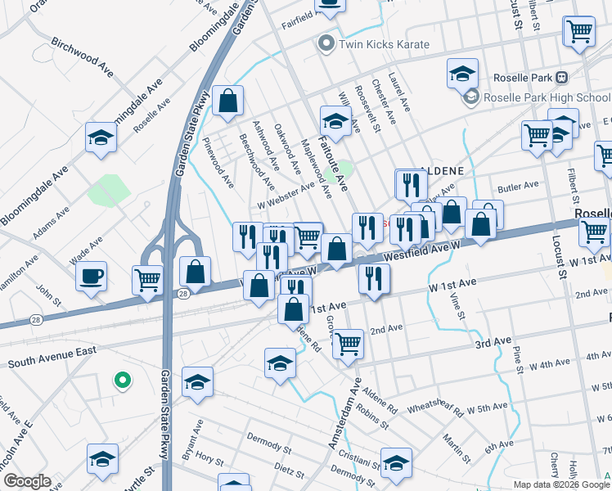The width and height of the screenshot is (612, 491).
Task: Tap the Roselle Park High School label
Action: point(547,98)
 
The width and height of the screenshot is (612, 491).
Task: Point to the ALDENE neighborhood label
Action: point(442,171)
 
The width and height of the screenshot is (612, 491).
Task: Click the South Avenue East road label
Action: point(52,357)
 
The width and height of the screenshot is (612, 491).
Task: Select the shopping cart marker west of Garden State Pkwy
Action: point(148,280)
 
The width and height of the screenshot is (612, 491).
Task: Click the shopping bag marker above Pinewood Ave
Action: point(228,102)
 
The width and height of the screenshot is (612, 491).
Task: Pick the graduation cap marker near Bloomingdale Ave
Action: point(101,137)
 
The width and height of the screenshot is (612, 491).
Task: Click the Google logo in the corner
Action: point(27,481)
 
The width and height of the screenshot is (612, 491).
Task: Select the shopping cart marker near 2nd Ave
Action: point(349,344)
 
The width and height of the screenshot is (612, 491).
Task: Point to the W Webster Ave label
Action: point(286,195)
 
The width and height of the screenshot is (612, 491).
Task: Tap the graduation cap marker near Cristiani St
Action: point(396,461)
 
